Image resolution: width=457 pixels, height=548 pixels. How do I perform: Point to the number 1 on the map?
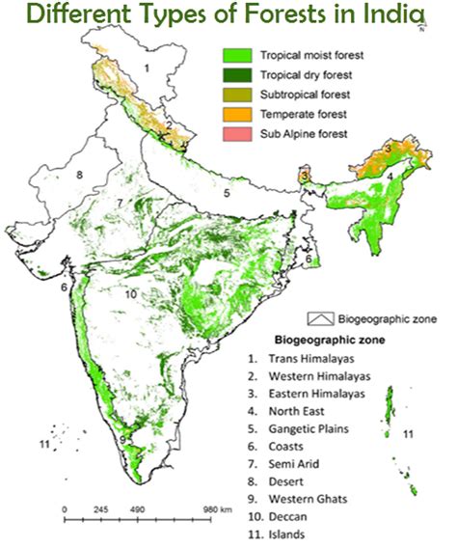[x=147, y=68]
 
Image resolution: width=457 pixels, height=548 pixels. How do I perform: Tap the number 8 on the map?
[x=80, y=175]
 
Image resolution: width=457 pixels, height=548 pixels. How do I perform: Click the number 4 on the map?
[x=390, y=178]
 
